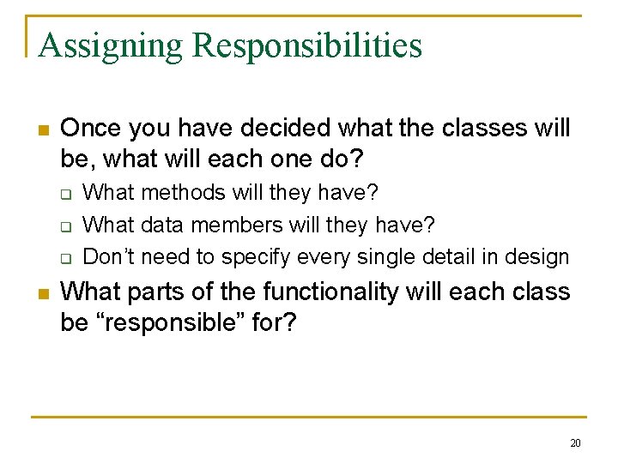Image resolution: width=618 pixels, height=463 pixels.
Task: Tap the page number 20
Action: pyautogui.click(x=574, y=442)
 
